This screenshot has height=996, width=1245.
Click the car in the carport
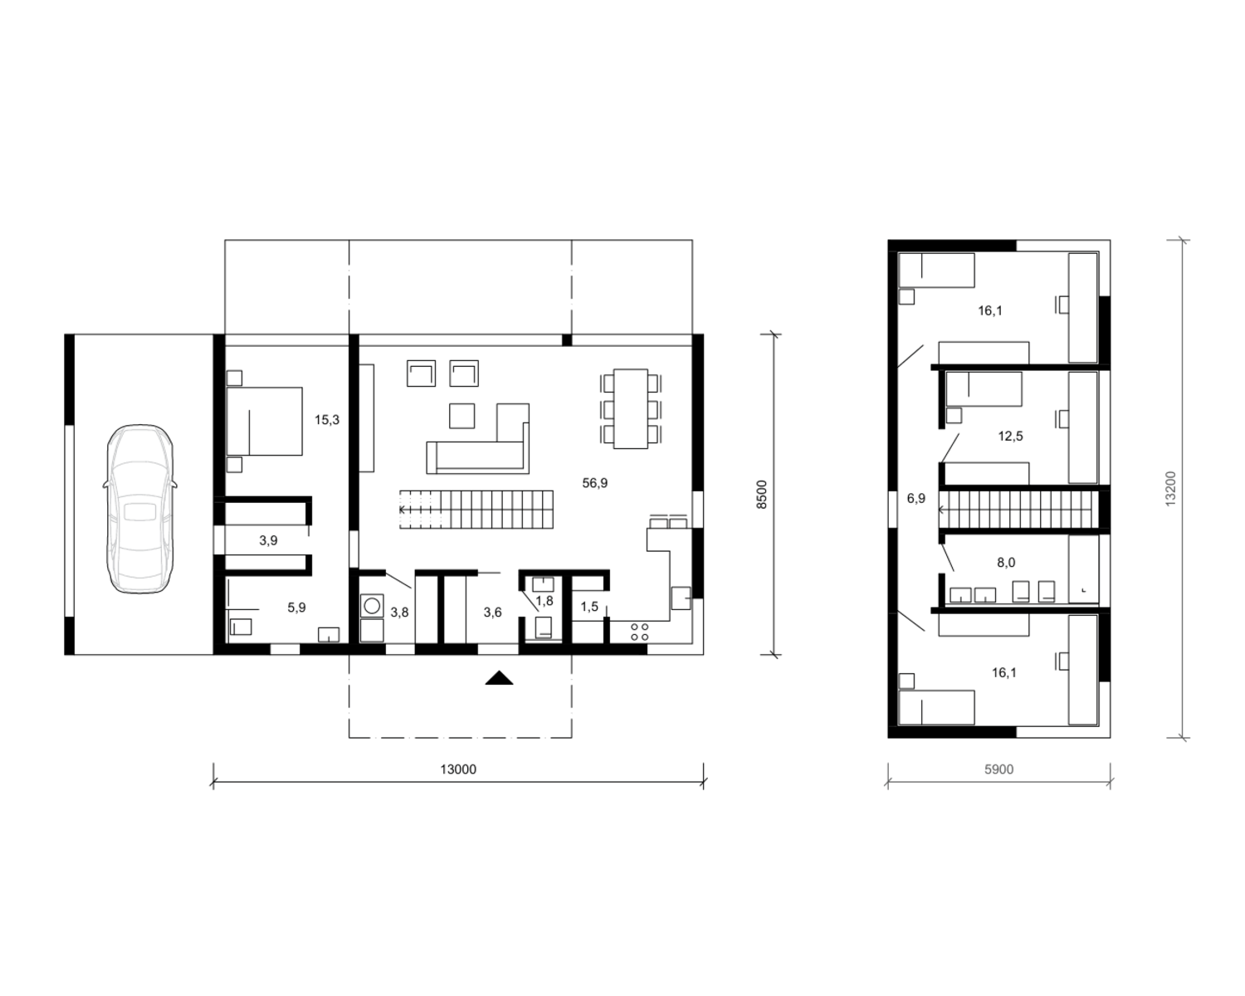[x=140, y=509]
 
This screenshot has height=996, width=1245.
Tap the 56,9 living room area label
[x=595, y=483]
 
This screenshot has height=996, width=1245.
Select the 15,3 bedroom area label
[x=327, y=420]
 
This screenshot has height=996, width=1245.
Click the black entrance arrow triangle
[x=499, y=678]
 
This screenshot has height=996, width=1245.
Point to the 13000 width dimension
[x=458, y=769]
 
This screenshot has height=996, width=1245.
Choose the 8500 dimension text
[x=762, y=494]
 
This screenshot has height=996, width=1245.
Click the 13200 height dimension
[x=1170, y=489]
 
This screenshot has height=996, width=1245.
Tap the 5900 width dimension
[x=999, y=769]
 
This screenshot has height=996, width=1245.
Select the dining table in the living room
[x=631, y=408]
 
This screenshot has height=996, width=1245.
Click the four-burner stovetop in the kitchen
[x=640, y=632]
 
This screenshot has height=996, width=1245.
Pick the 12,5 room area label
[x=1010, y=436]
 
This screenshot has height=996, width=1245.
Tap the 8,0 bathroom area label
[x=1006, y=562]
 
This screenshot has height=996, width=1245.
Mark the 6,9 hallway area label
[x=916, y=498]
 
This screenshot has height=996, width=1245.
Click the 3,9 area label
[x=268, y=540]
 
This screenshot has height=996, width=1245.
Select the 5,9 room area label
[x=296, y=607]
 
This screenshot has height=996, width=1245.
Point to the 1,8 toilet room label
[x=544, y=601]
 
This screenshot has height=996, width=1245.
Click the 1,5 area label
[x=589, y=607]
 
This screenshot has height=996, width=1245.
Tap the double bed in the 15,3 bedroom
[x=265, y=422]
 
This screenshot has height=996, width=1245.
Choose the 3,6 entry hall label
[x=492, y=613]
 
